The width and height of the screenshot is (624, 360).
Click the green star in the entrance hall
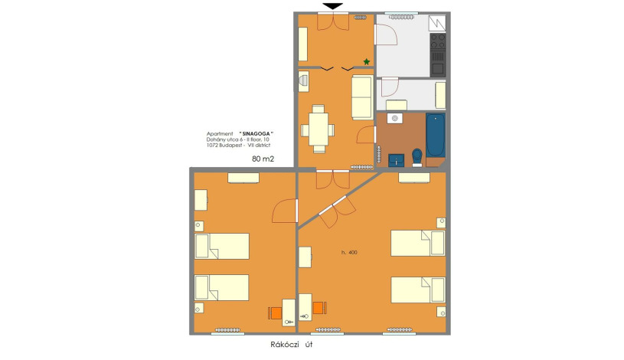[x=367, y=62]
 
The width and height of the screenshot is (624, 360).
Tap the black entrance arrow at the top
[x=333, y=6]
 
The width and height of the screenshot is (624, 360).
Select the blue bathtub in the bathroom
[x=436, y=136]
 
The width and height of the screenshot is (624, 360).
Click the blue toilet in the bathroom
[x=417, y=156]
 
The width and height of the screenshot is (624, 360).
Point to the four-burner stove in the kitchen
[x=438, y=42]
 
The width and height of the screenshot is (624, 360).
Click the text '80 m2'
[x=263, y=159]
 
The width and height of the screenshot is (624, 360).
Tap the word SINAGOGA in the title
[x=256, y=134]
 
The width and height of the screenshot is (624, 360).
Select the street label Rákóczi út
[x=291, y=345]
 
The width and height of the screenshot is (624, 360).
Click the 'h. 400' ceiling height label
[x=349, y=252]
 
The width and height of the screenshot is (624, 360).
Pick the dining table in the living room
[x=318, y=129]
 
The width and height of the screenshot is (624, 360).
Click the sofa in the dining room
[x=362, y=97]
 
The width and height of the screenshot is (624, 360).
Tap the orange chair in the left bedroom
[x=276, y=313]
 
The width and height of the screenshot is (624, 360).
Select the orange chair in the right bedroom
[x=319, y=308]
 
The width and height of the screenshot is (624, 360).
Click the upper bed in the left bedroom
[x=222, y=246]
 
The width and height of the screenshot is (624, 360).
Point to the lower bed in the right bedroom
[x=418, y=290]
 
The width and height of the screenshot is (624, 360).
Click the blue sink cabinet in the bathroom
[x=396, y=161]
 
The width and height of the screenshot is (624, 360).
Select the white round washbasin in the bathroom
[x=395, y=118]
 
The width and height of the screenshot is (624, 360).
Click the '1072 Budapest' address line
[x=225, y=146]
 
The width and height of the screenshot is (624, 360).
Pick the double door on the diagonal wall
[x=338, y=212]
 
